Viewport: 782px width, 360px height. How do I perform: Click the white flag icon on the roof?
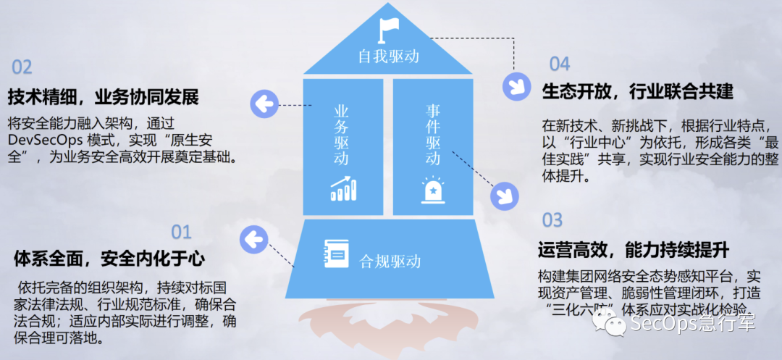(389, 30)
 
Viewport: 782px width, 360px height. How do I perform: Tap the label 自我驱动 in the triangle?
(389, 56)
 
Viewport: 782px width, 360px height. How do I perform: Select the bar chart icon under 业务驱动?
(344, 188)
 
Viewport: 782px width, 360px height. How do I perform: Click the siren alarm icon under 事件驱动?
(433, 190)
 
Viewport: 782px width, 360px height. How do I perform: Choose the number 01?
(182, 232)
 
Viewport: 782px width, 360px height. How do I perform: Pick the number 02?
(22, 67)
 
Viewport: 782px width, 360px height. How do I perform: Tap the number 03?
(552, 220)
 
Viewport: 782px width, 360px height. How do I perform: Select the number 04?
(560, 64)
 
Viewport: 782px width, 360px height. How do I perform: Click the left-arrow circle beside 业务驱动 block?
(264, 104)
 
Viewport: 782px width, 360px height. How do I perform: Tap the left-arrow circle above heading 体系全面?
(254, 239)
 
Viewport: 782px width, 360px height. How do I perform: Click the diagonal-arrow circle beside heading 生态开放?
(517, 86)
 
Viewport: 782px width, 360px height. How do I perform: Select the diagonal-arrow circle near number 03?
(505, 195)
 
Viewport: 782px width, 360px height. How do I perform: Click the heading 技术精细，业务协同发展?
(104, 98)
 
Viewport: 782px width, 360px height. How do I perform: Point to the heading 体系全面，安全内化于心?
(109, 259)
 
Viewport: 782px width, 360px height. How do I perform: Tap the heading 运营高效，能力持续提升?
(634, 248)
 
